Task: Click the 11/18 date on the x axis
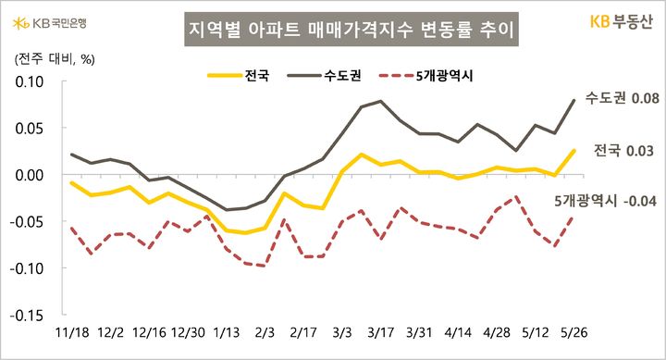[x=71, y=330]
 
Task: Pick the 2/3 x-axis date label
[x=265, y=330]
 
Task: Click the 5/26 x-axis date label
[x=576, y=330]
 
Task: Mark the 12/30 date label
[x=188, y=330]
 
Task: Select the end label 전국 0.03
[x=623, y=149]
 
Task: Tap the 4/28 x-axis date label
[x=498, y=330]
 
